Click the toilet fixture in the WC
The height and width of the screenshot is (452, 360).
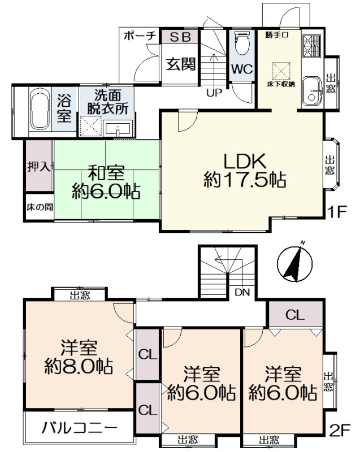[241, 44]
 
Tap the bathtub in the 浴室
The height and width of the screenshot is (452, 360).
[40, 109]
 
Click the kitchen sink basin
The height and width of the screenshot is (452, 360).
[313, 89]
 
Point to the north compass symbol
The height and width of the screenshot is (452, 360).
[295, 263]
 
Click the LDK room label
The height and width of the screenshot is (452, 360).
[245, 162]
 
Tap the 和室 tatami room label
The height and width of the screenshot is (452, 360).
[106, 173]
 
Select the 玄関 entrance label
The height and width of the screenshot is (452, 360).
[181, 64]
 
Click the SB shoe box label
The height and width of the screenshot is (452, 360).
[180, 37]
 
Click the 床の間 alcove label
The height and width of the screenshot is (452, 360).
[40, 207]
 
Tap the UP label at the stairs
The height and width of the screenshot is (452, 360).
[214, 93]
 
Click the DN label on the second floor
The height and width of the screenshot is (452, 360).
[242, 292]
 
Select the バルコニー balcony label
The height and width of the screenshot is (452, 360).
[80, 428]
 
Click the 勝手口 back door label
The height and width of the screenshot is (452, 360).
[277, 35]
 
